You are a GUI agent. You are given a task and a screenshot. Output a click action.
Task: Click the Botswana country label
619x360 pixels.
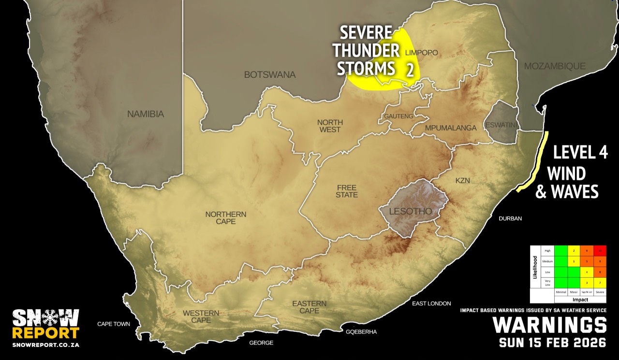pyautogui.click(x=269, y=75)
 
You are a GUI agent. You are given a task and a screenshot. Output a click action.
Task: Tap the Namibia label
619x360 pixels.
pyautogui.click(x=146, y=115)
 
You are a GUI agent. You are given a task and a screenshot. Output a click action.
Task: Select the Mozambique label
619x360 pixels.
pyautogui.click(x=555, y=66)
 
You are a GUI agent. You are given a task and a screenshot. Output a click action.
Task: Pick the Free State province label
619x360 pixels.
pyautogui.click(x=347, y=191)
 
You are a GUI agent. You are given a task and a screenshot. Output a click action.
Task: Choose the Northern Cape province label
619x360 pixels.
pyautogui.click(x=226, y=217)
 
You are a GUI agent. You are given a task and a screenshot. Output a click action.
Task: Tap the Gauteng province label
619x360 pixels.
pyautogui.click(x=398, y=116)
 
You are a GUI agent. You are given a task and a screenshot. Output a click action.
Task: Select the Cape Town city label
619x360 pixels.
pyautogui.click(x=114, y=324)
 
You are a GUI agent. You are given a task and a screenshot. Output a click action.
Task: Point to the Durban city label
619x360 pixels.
pyautogui.click(x=511, y=218)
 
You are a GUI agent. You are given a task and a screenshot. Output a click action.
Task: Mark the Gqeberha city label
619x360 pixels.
pyautogui.click(x=361, y=332)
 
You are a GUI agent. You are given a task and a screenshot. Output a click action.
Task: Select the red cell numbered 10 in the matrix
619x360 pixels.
pyautogui.click(x=600, y=250)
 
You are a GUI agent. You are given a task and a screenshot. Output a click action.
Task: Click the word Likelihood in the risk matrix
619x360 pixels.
pyautogui.click(x=535, y=274)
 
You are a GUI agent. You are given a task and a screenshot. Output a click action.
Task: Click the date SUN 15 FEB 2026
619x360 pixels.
pyautogui.click(x=553, y=343)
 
